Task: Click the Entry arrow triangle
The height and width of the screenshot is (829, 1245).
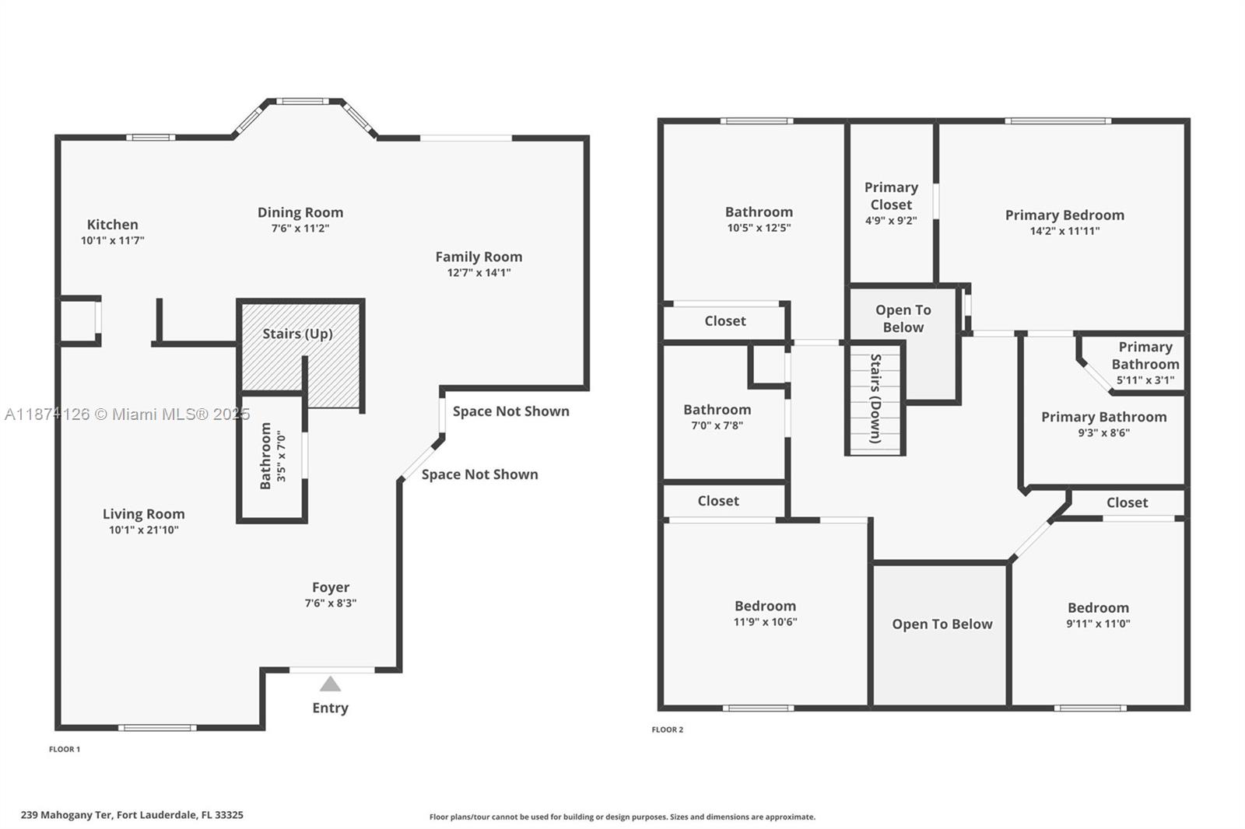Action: tap(330, 684)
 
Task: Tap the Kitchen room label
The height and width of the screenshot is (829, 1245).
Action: tap(112, 225)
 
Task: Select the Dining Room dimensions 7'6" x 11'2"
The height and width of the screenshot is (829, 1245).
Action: tap(300, 229)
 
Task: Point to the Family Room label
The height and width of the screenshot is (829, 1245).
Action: tap(479, 257)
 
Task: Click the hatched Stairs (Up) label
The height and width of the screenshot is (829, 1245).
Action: tap(297, 334)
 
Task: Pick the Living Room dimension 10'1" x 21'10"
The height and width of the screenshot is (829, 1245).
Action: tap(143, 530)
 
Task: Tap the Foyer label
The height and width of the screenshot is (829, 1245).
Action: tap(331, 587)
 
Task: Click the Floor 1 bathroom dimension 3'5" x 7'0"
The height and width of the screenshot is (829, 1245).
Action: tap(281, 456)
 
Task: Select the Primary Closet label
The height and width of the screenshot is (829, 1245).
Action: tap(891, 196)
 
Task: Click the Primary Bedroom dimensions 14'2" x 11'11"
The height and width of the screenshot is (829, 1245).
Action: tap(1064, 231)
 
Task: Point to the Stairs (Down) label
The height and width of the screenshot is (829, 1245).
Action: tap(875, 398)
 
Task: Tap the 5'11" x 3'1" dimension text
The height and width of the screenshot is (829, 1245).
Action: tap(1145, 380)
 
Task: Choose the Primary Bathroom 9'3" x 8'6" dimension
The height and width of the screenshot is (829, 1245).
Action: tap(1104, 433)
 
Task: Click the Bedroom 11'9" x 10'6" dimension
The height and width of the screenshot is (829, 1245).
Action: tap(765, 622)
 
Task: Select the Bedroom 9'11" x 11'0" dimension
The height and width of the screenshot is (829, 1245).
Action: tap(1098, 624)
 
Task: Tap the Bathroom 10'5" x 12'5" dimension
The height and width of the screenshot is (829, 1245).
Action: tap(759, 228)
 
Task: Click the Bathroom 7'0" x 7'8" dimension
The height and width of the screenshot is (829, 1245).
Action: tap(717, 425)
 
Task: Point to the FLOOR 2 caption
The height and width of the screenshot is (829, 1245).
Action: tap(667, 729)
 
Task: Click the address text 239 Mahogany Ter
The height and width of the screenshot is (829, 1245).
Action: tap(67, 815)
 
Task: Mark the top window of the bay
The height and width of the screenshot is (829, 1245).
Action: tap(303, 101)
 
